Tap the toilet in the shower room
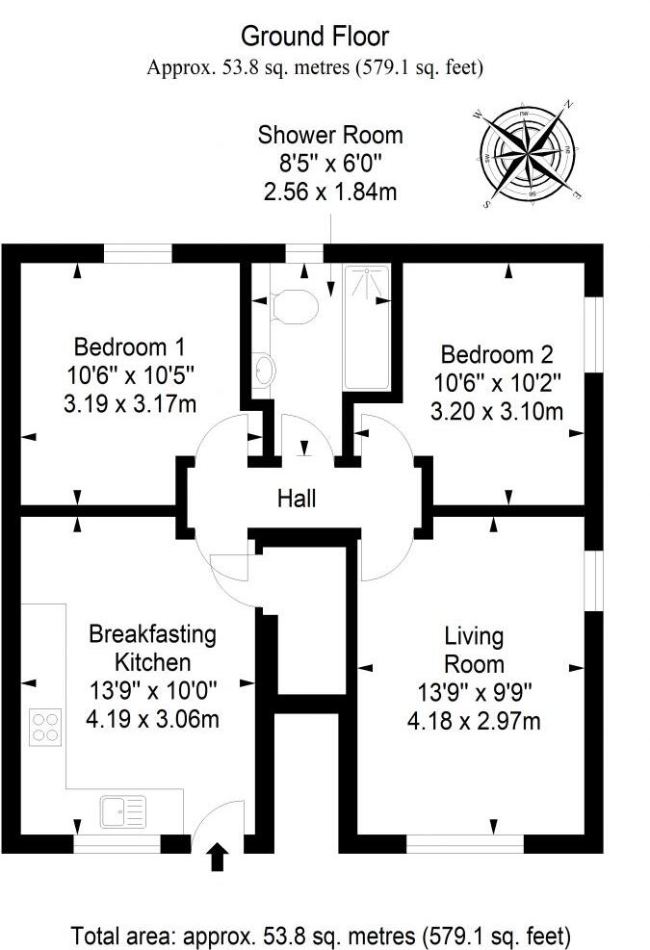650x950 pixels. pyautogui.click(x=295, y=306)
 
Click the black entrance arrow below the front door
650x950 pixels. pyautogui.click(x=218, y=856)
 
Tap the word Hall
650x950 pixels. pyautogui.click(x=297, y=499)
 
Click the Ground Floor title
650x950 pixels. pyautogui.click(x=314, y=37)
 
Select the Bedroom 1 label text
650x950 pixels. pyautogui.click(x=130, y=346)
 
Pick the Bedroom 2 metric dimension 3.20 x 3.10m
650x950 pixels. pyautogui.click(x=496, y=412)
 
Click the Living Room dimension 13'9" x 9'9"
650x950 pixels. pyautogui.click(x=474, y=691)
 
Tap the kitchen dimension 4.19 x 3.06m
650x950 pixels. pyautogui.click(x=152, y=717)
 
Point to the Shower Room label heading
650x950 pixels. pyautogui.click(x=330, y=135)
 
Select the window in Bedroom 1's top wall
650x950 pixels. pyautogui.click(x=138, y=253)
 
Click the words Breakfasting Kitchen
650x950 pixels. pyautogui.click(x=152, y=648)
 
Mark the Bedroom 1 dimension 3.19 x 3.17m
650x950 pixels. pyautogui.click(x=130, y=403)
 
